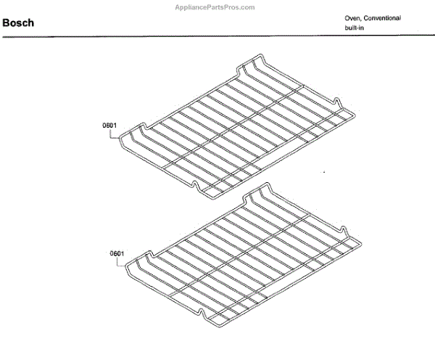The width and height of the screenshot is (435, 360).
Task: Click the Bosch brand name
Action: pos(18,23)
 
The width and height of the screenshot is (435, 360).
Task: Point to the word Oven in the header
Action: pos(353,17)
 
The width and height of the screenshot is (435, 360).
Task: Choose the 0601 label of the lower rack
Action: pos(118,253)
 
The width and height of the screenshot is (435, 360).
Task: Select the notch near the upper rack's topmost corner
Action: pos(245,68)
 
